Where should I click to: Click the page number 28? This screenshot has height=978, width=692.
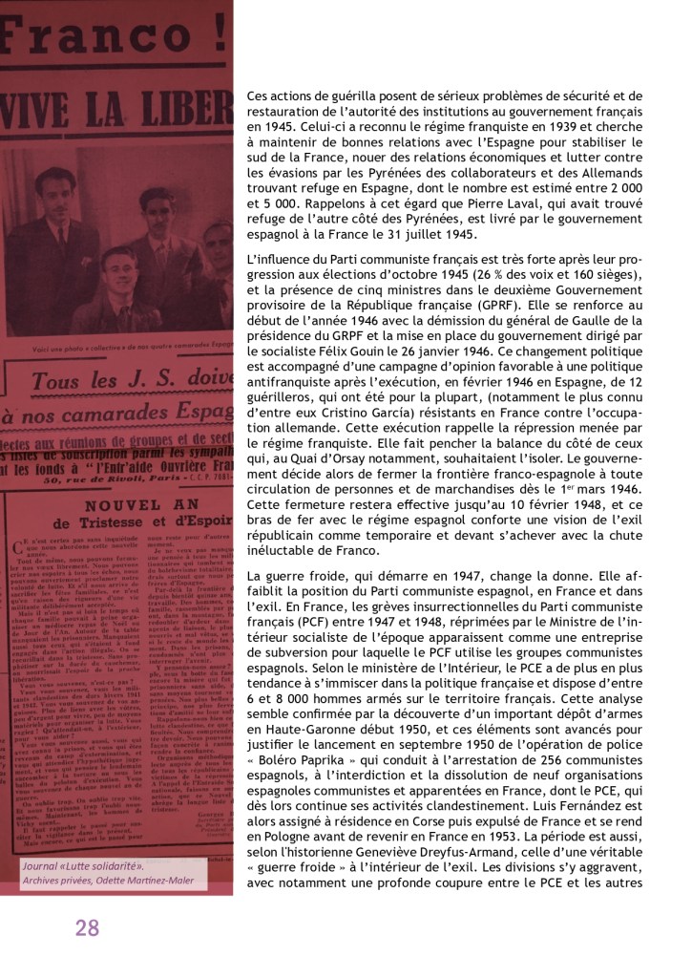87,927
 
